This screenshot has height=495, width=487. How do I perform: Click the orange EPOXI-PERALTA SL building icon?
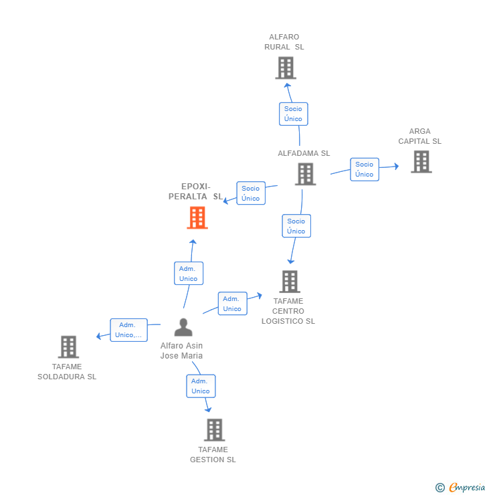[x=197, y=217]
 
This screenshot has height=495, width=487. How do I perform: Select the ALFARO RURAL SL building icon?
[x=286, y=68]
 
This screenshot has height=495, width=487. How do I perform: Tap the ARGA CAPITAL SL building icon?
[x=421, y=161]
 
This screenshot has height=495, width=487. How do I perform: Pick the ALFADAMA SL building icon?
[x=305, y=174]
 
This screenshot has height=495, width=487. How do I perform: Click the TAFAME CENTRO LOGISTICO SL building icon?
[x=289, y=282]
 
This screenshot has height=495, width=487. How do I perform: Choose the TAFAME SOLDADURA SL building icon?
[x=68, y=346]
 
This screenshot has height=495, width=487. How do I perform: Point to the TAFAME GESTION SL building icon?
[x=214, y=429]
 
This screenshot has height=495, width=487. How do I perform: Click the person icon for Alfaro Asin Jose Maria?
[x=183, y=327]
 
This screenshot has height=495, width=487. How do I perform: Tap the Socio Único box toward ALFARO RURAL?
[x=293, y=114]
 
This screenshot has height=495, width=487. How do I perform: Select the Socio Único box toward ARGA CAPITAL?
[x=365, y=169]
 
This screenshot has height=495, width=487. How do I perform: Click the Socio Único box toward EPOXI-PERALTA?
[x=251, y=193]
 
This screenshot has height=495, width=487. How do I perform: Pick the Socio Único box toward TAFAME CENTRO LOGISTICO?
[x=296, y=226]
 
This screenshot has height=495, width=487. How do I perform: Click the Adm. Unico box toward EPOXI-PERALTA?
[x=188, y=274]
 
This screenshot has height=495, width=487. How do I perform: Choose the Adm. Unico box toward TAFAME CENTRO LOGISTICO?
[x=232, y=304]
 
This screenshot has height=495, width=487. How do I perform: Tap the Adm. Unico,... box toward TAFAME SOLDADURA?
[x=128, y=330]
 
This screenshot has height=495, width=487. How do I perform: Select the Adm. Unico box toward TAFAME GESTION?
[x=200, y=386]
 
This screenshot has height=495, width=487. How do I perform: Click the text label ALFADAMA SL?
[x=304, y=153]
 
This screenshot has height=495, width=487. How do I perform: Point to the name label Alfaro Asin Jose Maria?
[x=181, y=351]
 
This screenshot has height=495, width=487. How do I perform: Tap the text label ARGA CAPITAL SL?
[x=420, y=136]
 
